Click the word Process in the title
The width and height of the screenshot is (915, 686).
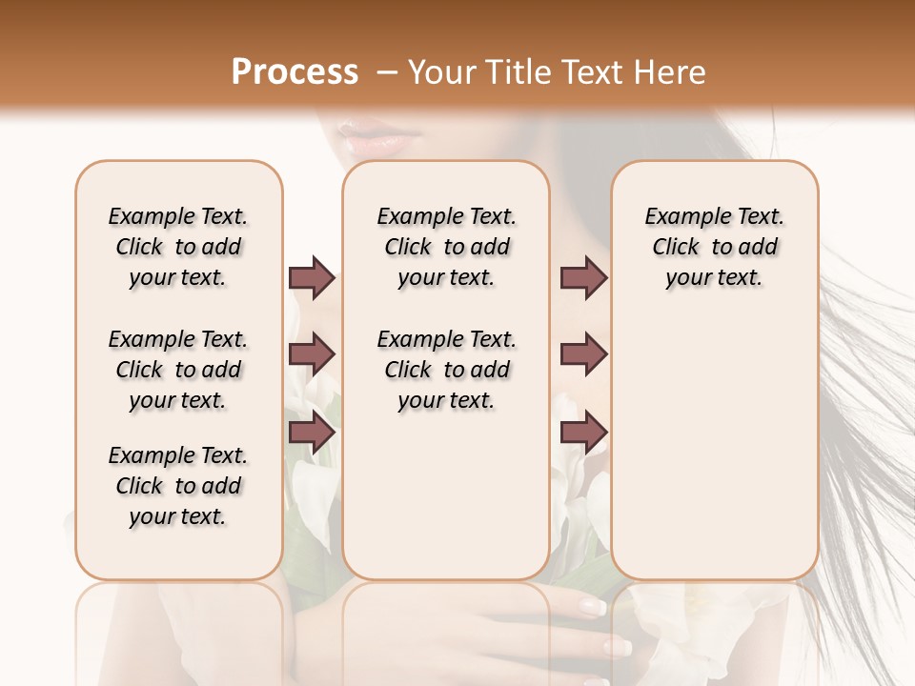click(295, 72)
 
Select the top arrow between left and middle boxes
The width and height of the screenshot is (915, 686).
click(312, 278)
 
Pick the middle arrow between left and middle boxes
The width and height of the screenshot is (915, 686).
click(312, 354)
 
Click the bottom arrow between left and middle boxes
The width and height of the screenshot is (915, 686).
click(312, 433)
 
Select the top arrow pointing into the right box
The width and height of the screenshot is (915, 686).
click(583, 278)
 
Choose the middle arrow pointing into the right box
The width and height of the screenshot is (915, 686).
click(583, 354)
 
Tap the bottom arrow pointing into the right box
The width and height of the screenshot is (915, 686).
click(583, 433)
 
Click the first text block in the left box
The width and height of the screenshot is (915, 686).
click(178, 247)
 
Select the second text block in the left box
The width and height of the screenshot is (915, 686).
click(178, 370)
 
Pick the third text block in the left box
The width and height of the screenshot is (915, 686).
click(178, 486)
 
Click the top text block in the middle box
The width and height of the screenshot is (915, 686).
click(446, 247)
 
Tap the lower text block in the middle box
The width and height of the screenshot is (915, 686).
click(446, 370)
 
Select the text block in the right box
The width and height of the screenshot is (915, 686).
click(714, 247)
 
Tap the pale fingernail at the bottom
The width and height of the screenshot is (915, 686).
click(592, 606)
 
